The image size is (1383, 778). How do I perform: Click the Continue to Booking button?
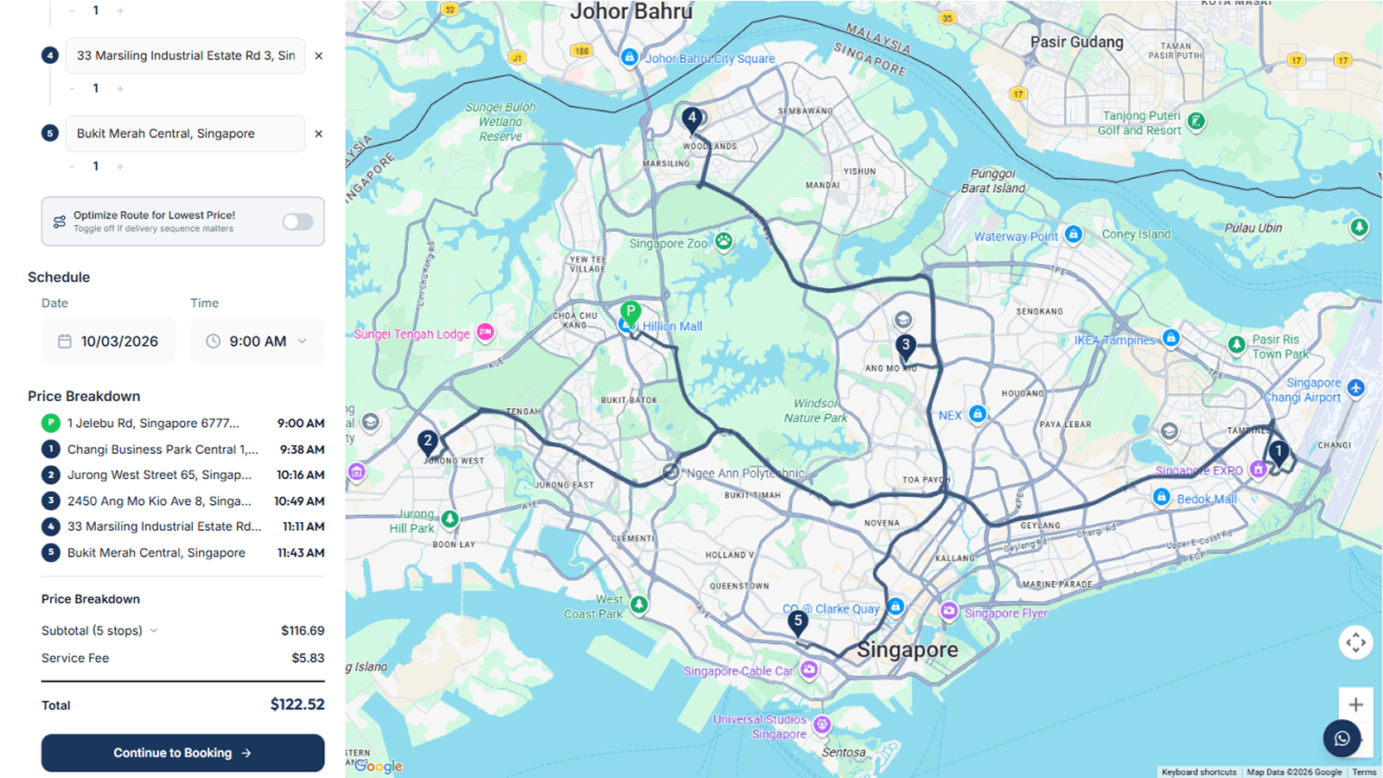(182, 753)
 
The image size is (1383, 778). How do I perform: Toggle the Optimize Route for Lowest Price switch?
(297, 222)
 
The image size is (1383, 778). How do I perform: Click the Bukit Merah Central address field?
(185, 134)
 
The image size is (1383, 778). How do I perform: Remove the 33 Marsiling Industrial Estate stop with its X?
(319, 56)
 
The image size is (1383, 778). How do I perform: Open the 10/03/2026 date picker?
(109, 341)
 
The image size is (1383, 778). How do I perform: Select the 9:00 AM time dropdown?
(258, 341)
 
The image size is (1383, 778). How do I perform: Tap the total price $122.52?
(297, 705)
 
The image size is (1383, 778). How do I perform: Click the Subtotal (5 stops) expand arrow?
(154, 631)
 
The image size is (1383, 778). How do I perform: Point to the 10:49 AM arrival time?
(299, 501)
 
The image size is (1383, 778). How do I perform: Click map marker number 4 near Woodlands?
(691, 118)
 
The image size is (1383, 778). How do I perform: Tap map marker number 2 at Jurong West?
(427, 442)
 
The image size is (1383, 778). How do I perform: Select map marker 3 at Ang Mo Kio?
(905, 346)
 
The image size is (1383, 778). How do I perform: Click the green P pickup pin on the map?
(631, 311)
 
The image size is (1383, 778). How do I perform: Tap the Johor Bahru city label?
(631, 12)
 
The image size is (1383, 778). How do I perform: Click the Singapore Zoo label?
(668, 244)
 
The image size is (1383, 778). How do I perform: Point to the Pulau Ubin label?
(1253, 228)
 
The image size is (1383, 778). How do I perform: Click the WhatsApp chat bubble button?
(1342, 738)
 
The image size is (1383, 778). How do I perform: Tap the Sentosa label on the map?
(844, 752)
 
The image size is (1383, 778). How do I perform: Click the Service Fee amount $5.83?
(308, 659)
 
